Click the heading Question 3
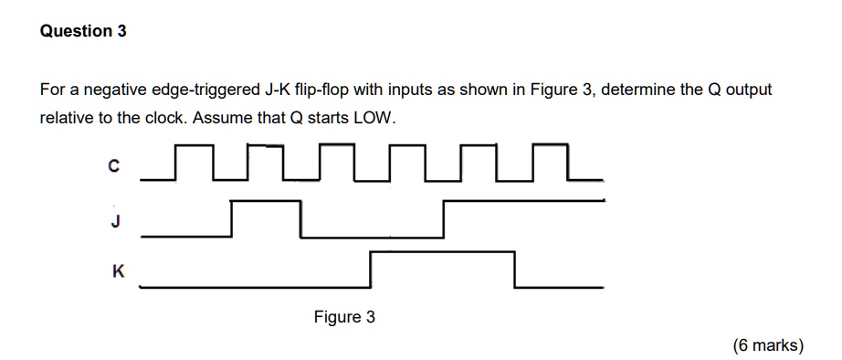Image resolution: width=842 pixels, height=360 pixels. [x=83, y=31]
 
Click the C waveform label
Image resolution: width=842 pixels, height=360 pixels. [x=113, y=166]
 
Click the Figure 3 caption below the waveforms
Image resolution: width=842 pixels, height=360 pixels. [x=344, y=318]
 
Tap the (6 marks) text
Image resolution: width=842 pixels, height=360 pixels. [x=768, y=345]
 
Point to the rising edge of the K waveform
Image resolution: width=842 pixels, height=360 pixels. [x=371, y=270]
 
